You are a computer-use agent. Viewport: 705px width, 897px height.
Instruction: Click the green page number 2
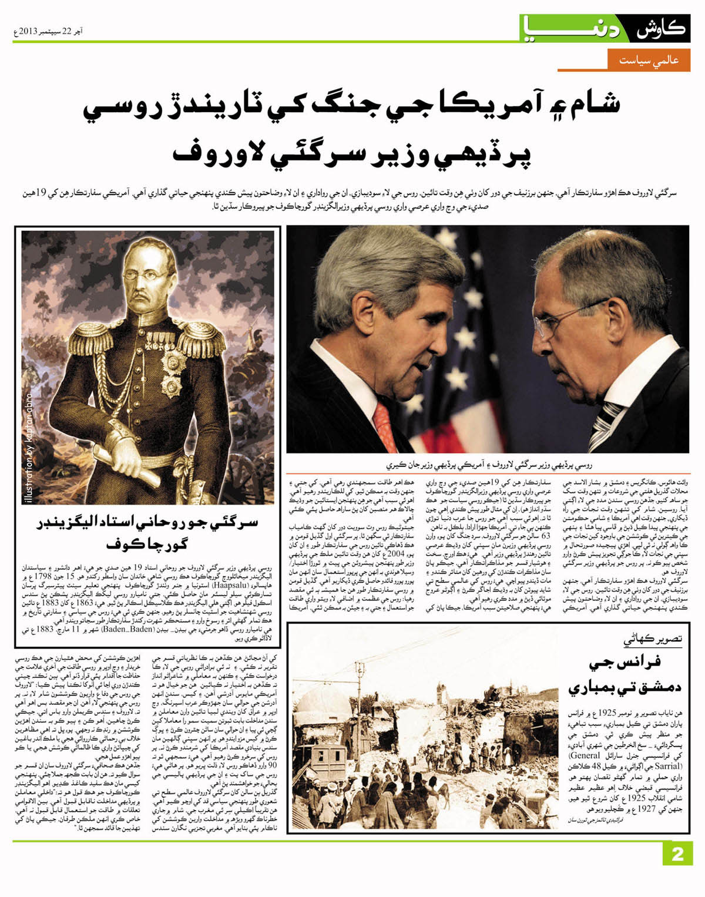tap(677, 854)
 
